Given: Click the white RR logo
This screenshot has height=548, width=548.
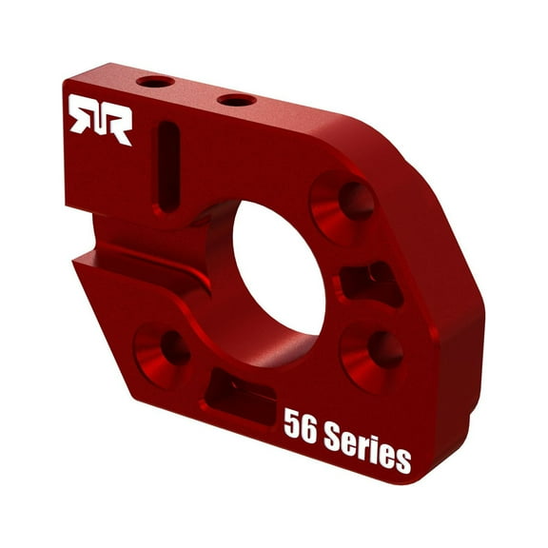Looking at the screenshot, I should tap(99, 120).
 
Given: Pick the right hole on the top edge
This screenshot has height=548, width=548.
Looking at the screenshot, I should tap(236, 99).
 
